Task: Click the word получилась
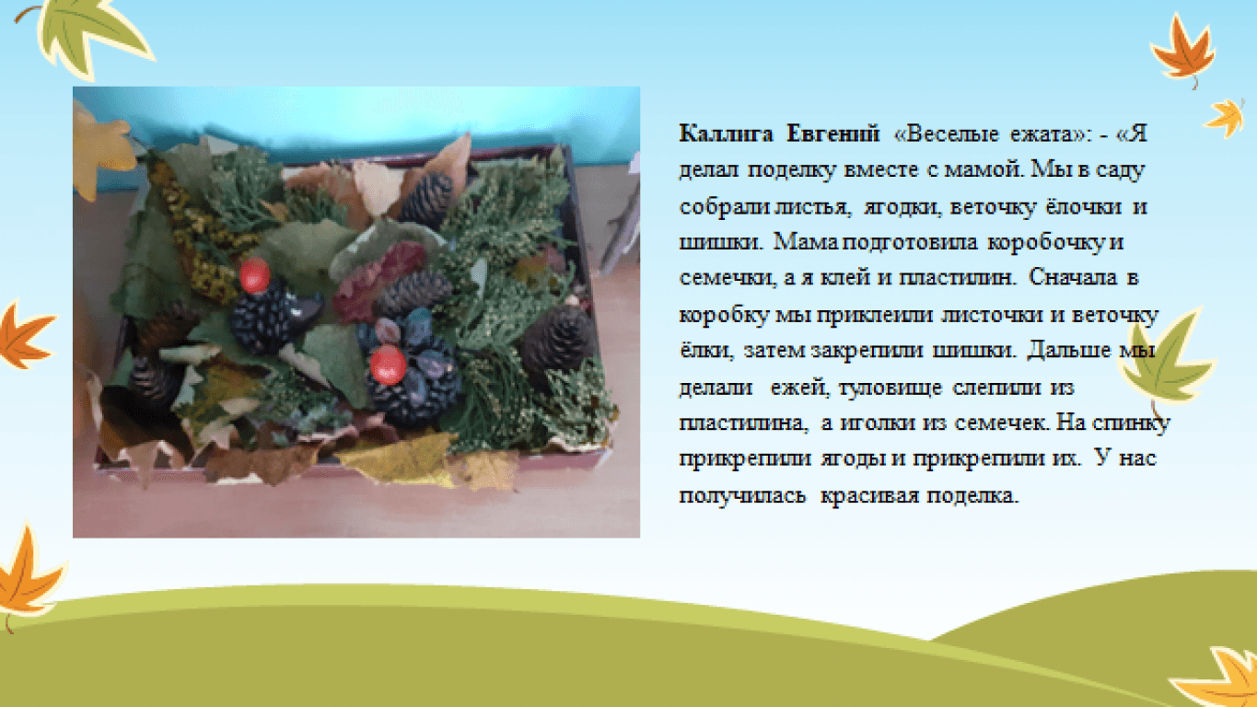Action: (x=742, y=496)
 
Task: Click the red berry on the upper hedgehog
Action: (x=254, y=275)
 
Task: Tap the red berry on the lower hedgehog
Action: (x=388, y=365)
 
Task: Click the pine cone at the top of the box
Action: (x=427, y=198)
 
